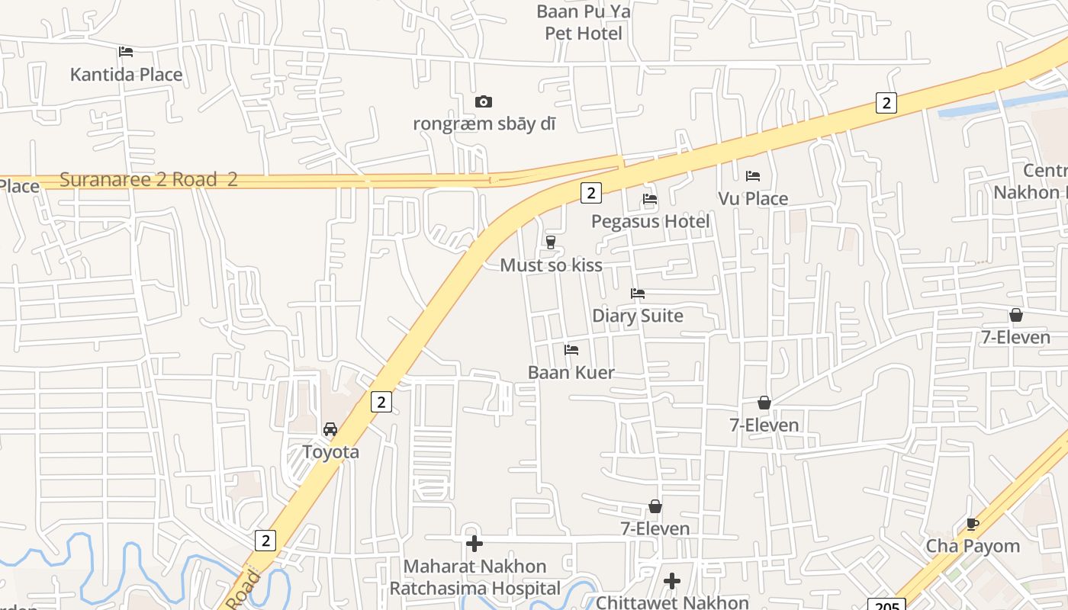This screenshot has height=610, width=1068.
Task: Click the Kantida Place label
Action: [x=126, y=74]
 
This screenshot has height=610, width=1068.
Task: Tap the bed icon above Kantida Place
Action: [x=126, y=52]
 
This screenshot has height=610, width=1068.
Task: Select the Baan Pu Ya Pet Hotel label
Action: [x=584, y=22]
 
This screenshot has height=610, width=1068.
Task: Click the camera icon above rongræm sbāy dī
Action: [x=484, y=101]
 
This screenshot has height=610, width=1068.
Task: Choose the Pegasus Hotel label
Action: [x=651, y=221]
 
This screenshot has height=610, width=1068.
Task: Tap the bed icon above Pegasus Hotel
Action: [x=650, y=199]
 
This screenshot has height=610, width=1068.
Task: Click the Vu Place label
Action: [x=753, y=199]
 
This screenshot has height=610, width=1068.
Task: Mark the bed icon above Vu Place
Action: [x=753, y=176]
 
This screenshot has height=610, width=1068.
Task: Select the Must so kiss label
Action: [x=551, y=265]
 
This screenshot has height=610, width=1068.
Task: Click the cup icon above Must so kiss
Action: [x=550, y=242]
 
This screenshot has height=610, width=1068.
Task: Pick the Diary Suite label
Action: [x=638, y=316]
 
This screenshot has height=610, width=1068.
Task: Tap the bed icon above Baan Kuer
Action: [x=571, y=350]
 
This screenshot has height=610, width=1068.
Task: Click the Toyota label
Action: [x=330, y=451]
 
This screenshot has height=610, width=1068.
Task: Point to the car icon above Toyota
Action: [x=330, y=429]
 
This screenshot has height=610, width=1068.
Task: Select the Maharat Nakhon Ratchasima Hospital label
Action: [x=475, y=577]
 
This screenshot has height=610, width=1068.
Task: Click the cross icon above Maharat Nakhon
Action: [x=474, y=544]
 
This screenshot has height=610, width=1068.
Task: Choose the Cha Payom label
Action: [x=973, y=546]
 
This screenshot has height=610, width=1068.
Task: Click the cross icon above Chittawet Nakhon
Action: [x=672, y=581]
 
